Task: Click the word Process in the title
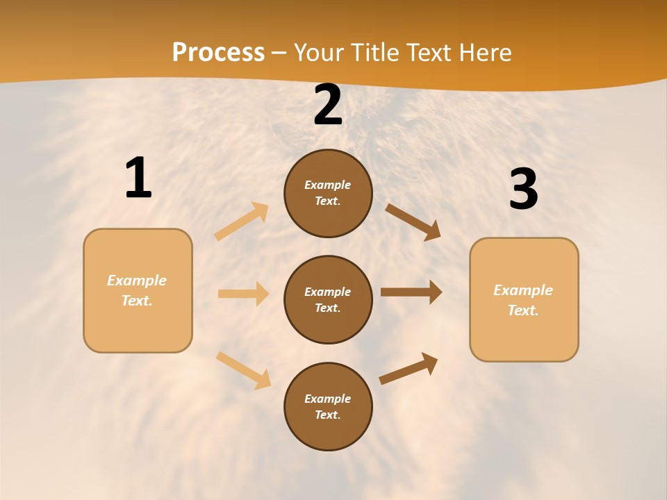pyautogui.click(x=218, y=53)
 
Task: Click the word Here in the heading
pyautogui.click(x=481, y=53)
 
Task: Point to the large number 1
pyautogui.click(x=138, y=178)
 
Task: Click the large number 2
pyautogui.click(x=328, y=105)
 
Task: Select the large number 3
pyautogui.click(x=523, y=189)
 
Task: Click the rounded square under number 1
pyautogui.click(x=138, y=290)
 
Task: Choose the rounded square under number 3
pyautogui.click(x=524, y=300)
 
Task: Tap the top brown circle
pyautogui.click(x=328, y=193)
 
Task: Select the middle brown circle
pyautogui.click(x=328, y=299)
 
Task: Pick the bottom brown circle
pyautogui.click(x=328, y=406)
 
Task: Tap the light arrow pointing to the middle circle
pyautogui.click(x=243, y=294)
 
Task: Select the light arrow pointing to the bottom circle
pyautogui.click(x=243, y=370)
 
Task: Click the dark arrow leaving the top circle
pyautogui.click(x=413, y=222)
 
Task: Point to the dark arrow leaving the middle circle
pyautogui.click(x=411, y=292)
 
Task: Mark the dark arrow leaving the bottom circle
pyautogui.click(x=409, y=369)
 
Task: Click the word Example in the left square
pyautogui.click(x=137, y=281)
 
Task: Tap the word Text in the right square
pyautogui.click(x=522, y=310)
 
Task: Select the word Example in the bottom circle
pyautogui.click(x=327, y=399)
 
